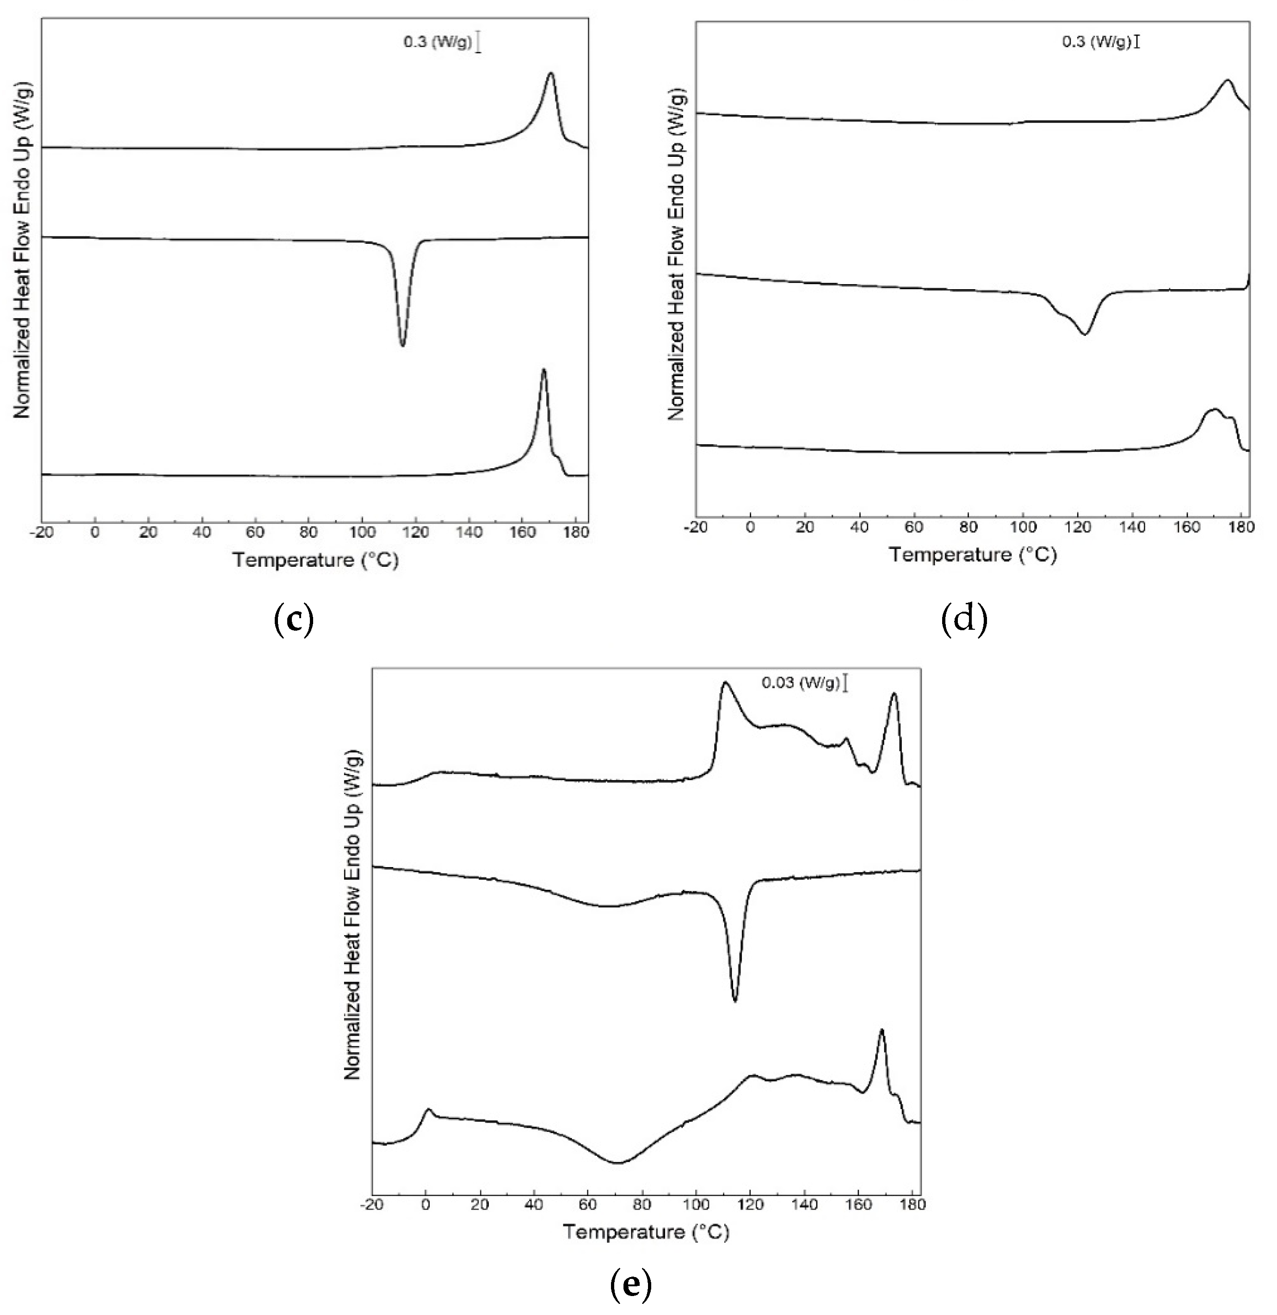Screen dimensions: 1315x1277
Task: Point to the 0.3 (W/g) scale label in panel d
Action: click(x=1097, y=42)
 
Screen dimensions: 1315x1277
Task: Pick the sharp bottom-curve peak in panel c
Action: click(x=543, y=370)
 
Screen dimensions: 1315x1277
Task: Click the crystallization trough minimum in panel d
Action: click(x=1085, y=334)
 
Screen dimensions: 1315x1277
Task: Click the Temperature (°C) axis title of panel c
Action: click(x=315, y=559)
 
